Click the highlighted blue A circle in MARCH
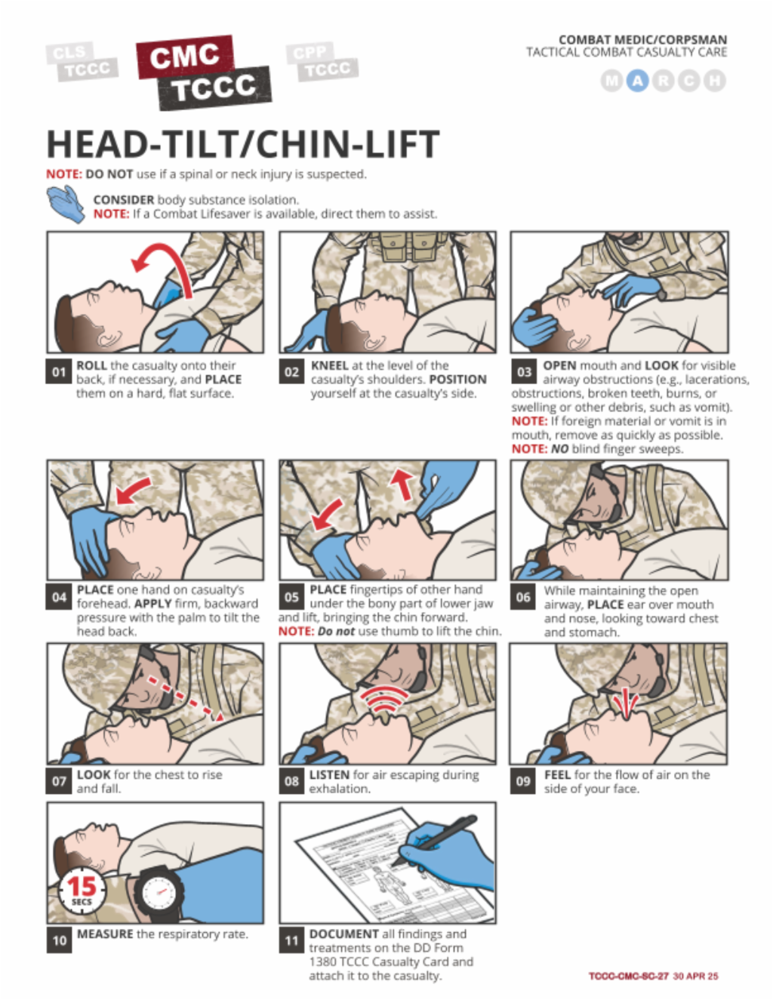point(637,81)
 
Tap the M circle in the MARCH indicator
point(612,81)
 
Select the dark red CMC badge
point(185,57)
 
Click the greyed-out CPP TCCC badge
point(322,62)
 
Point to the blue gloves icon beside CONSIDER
point(66,204)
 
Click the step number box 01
point(59,371)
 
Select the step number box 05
point(291,597)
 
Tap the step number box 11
point(291,940)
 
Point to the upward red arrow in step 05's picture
point(403,484)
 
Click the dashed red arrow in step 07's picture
point(185,698)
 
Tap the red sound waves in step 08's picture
point(383,699)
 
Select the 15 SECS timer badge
point(82,891)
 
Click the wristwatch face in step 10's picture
point(159,892)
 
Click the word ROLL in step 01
point(91,365)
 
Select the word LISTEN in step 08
point(329,775)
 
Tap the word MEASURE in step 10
point(105,934)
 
